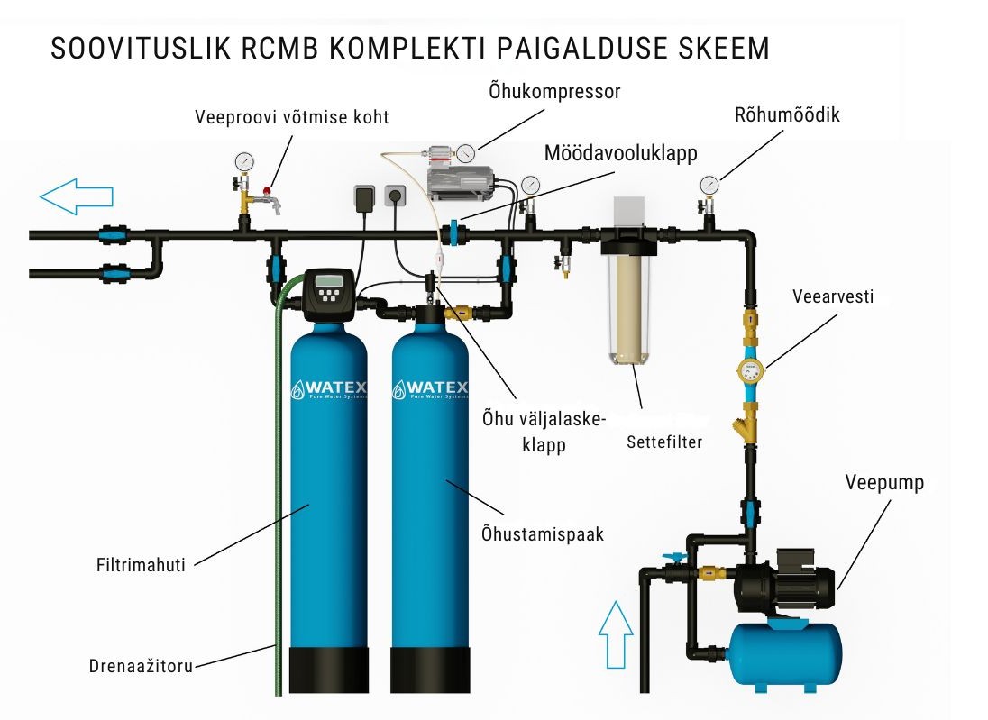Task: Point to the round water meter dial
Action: (749, 369)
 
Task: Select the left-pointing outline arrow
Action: (76, 195)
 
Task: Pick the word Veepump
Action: (884, 483)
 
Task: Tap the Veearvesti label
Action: (832, 296)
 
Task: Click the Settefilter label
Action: (663, 442)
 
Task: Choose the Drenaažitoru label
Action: (141, 666)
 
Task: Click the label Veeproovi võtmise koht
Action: (293, 118)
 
